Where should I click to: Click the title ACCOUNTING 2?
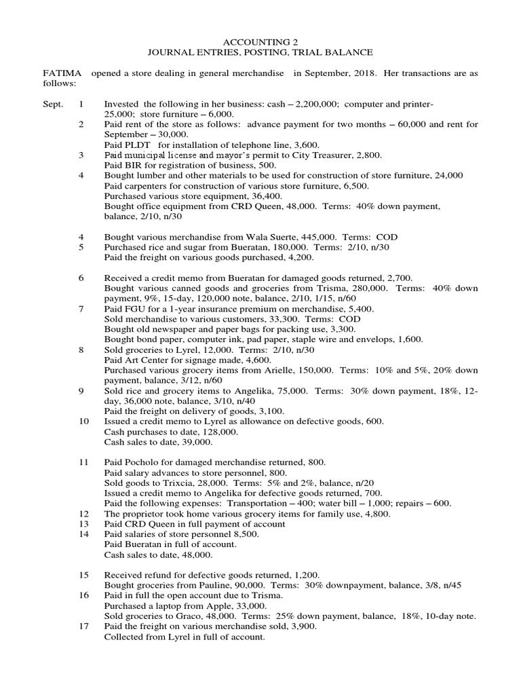pyautogui.click(x=260, y=41)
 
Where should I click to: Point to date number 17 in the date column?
pyautogui.click(x=83, y=627)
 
